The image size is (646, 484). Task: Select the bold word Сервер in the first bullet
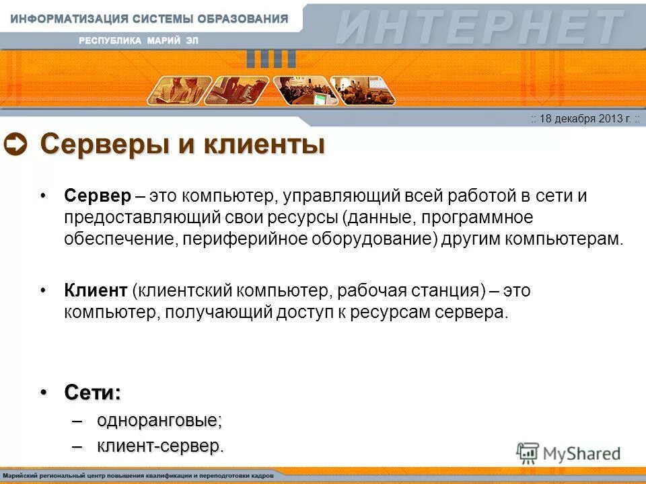click(96, 196)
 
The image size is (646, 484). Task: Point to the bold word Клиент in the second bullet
click(96, 290)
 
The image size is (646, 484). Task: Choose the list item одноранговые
click(159, 421)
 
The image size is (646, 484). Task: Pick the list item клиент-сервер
click(160, 445)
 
